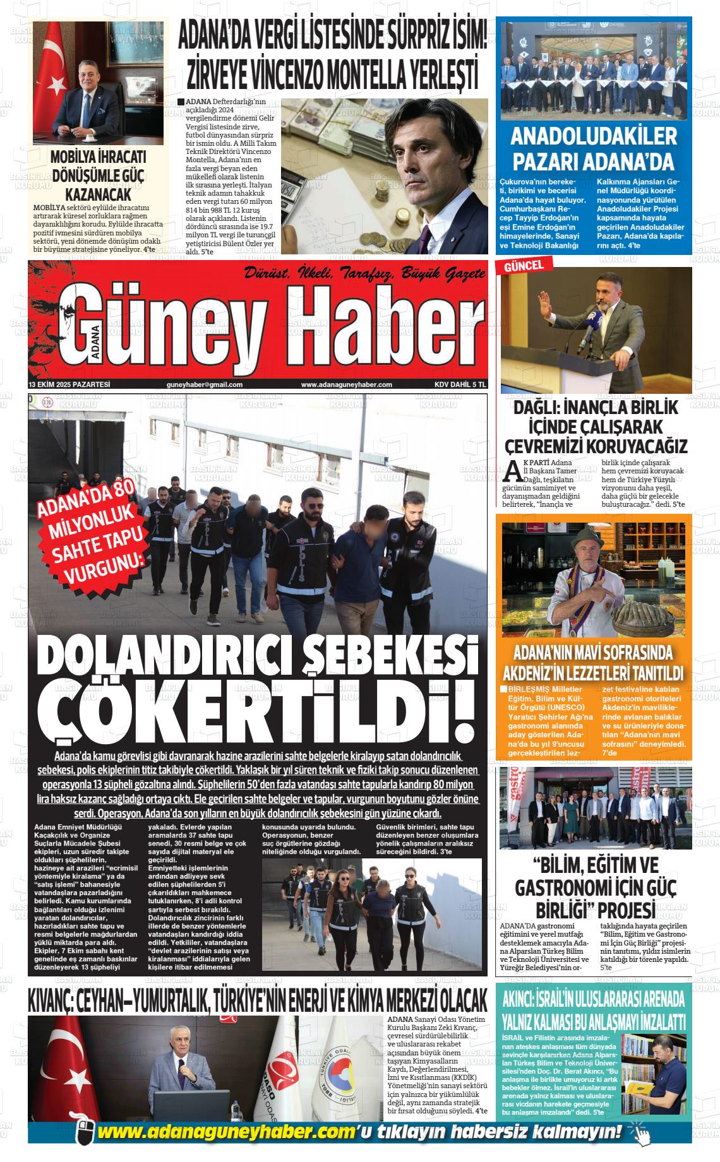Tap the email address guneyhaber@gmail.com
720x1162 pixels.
click(205, 385)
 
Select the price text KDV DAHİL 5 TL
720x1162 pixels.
click(460, 385)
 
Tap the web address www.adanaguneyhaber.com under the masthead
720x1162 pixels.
click(346, 385)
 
